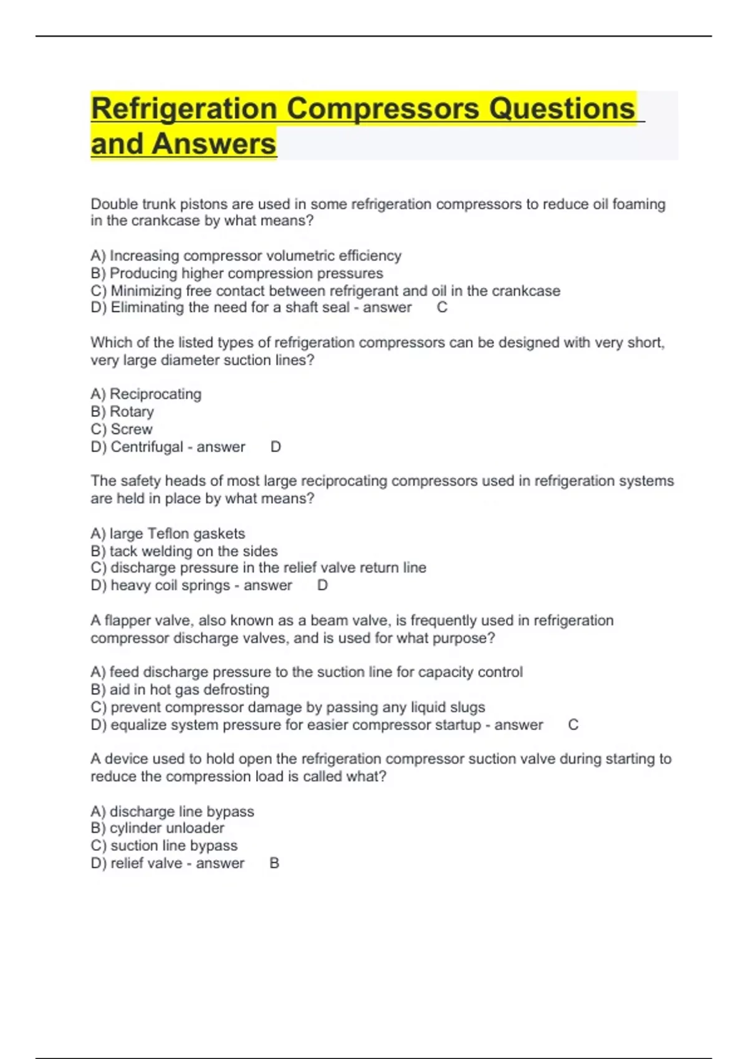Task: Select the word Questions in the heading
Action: click(x=562, y=110)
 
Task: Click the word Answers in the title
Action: click(x=213, y=145)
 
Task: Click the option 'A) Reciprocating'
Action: click(x=146, y=394)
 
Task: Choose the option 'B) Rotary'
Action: click(x=122, y=412)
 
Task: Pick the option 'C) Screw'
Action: click(x=122, y=429)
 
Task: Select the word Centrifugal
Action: click(x=147, y=447)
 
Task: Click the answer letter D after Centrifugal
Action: click(x=276, y=447)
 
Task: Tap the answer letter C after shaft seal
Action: click(x=442, y=308)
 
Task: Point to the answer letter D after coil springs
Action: click(x=322, y=586)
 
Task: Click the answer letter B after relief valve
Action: click(x=274, y=863)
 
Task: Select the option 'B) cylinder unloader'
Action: click(x=157, y=829)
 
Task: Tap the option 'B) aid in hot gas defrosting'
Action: click(x=180, y=690)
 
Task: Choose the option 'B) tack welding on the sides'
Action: click(x=184, y=551)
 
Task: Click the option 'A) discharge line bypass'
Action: click(x=172, y=812)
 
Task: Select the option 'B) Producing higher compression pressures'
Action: click(x=237, y=273)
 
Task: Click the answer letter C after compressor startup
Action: click(x=573, y=725)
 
